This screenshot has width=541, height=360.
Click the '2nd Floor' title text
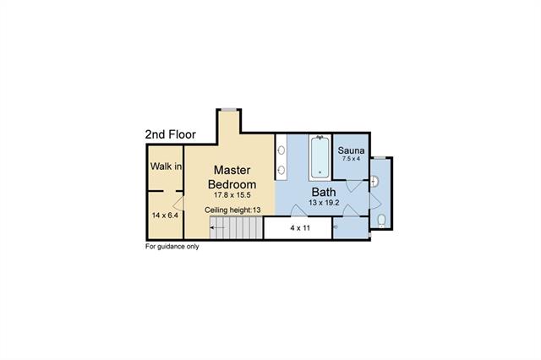[x=171, y=134]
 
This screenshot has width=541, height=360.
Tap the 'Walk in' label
[x=166, y=166]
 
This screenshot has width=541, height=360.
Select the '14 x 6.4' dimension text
[x=165, y=215]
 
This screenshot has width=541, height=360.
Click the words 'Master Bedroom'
[x=232, y=177]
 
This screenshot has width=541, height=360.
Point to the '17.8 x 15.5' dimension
[x=232, y=195]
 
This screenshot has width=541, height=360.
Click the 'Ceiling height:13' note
[x=232, y=210]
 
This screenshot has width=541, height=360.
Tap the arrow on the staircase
[x=218, y=227]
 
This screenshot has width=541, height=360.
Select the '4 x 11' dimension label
[x=300, y=228]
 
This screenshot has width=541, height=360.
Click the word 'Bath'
[x=324, y=192]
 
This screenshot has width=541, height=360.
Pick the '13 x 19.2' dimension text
[x=324, y=203]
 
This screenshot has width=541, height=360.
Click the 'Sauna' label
[x=352, y=150]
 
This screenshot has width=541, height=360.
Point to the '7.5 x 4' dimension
[x=352, y=159]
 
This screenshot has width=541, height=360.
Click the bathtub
[x=320, y=157]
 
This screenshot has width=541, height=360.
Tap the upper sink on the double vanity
[x=281, y=150]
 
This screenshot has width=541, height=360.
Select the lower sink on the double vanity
[x=281, y=170]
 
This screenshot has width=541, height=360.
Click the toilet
[x=381, y=221]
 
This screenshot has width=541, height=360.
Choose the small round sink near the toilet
[x=374, y=182]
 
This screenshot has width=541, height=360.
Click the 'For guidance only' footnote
[x=172, y=247]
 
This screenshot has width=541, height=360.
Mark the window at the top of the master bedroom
[x=229, y=110]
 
